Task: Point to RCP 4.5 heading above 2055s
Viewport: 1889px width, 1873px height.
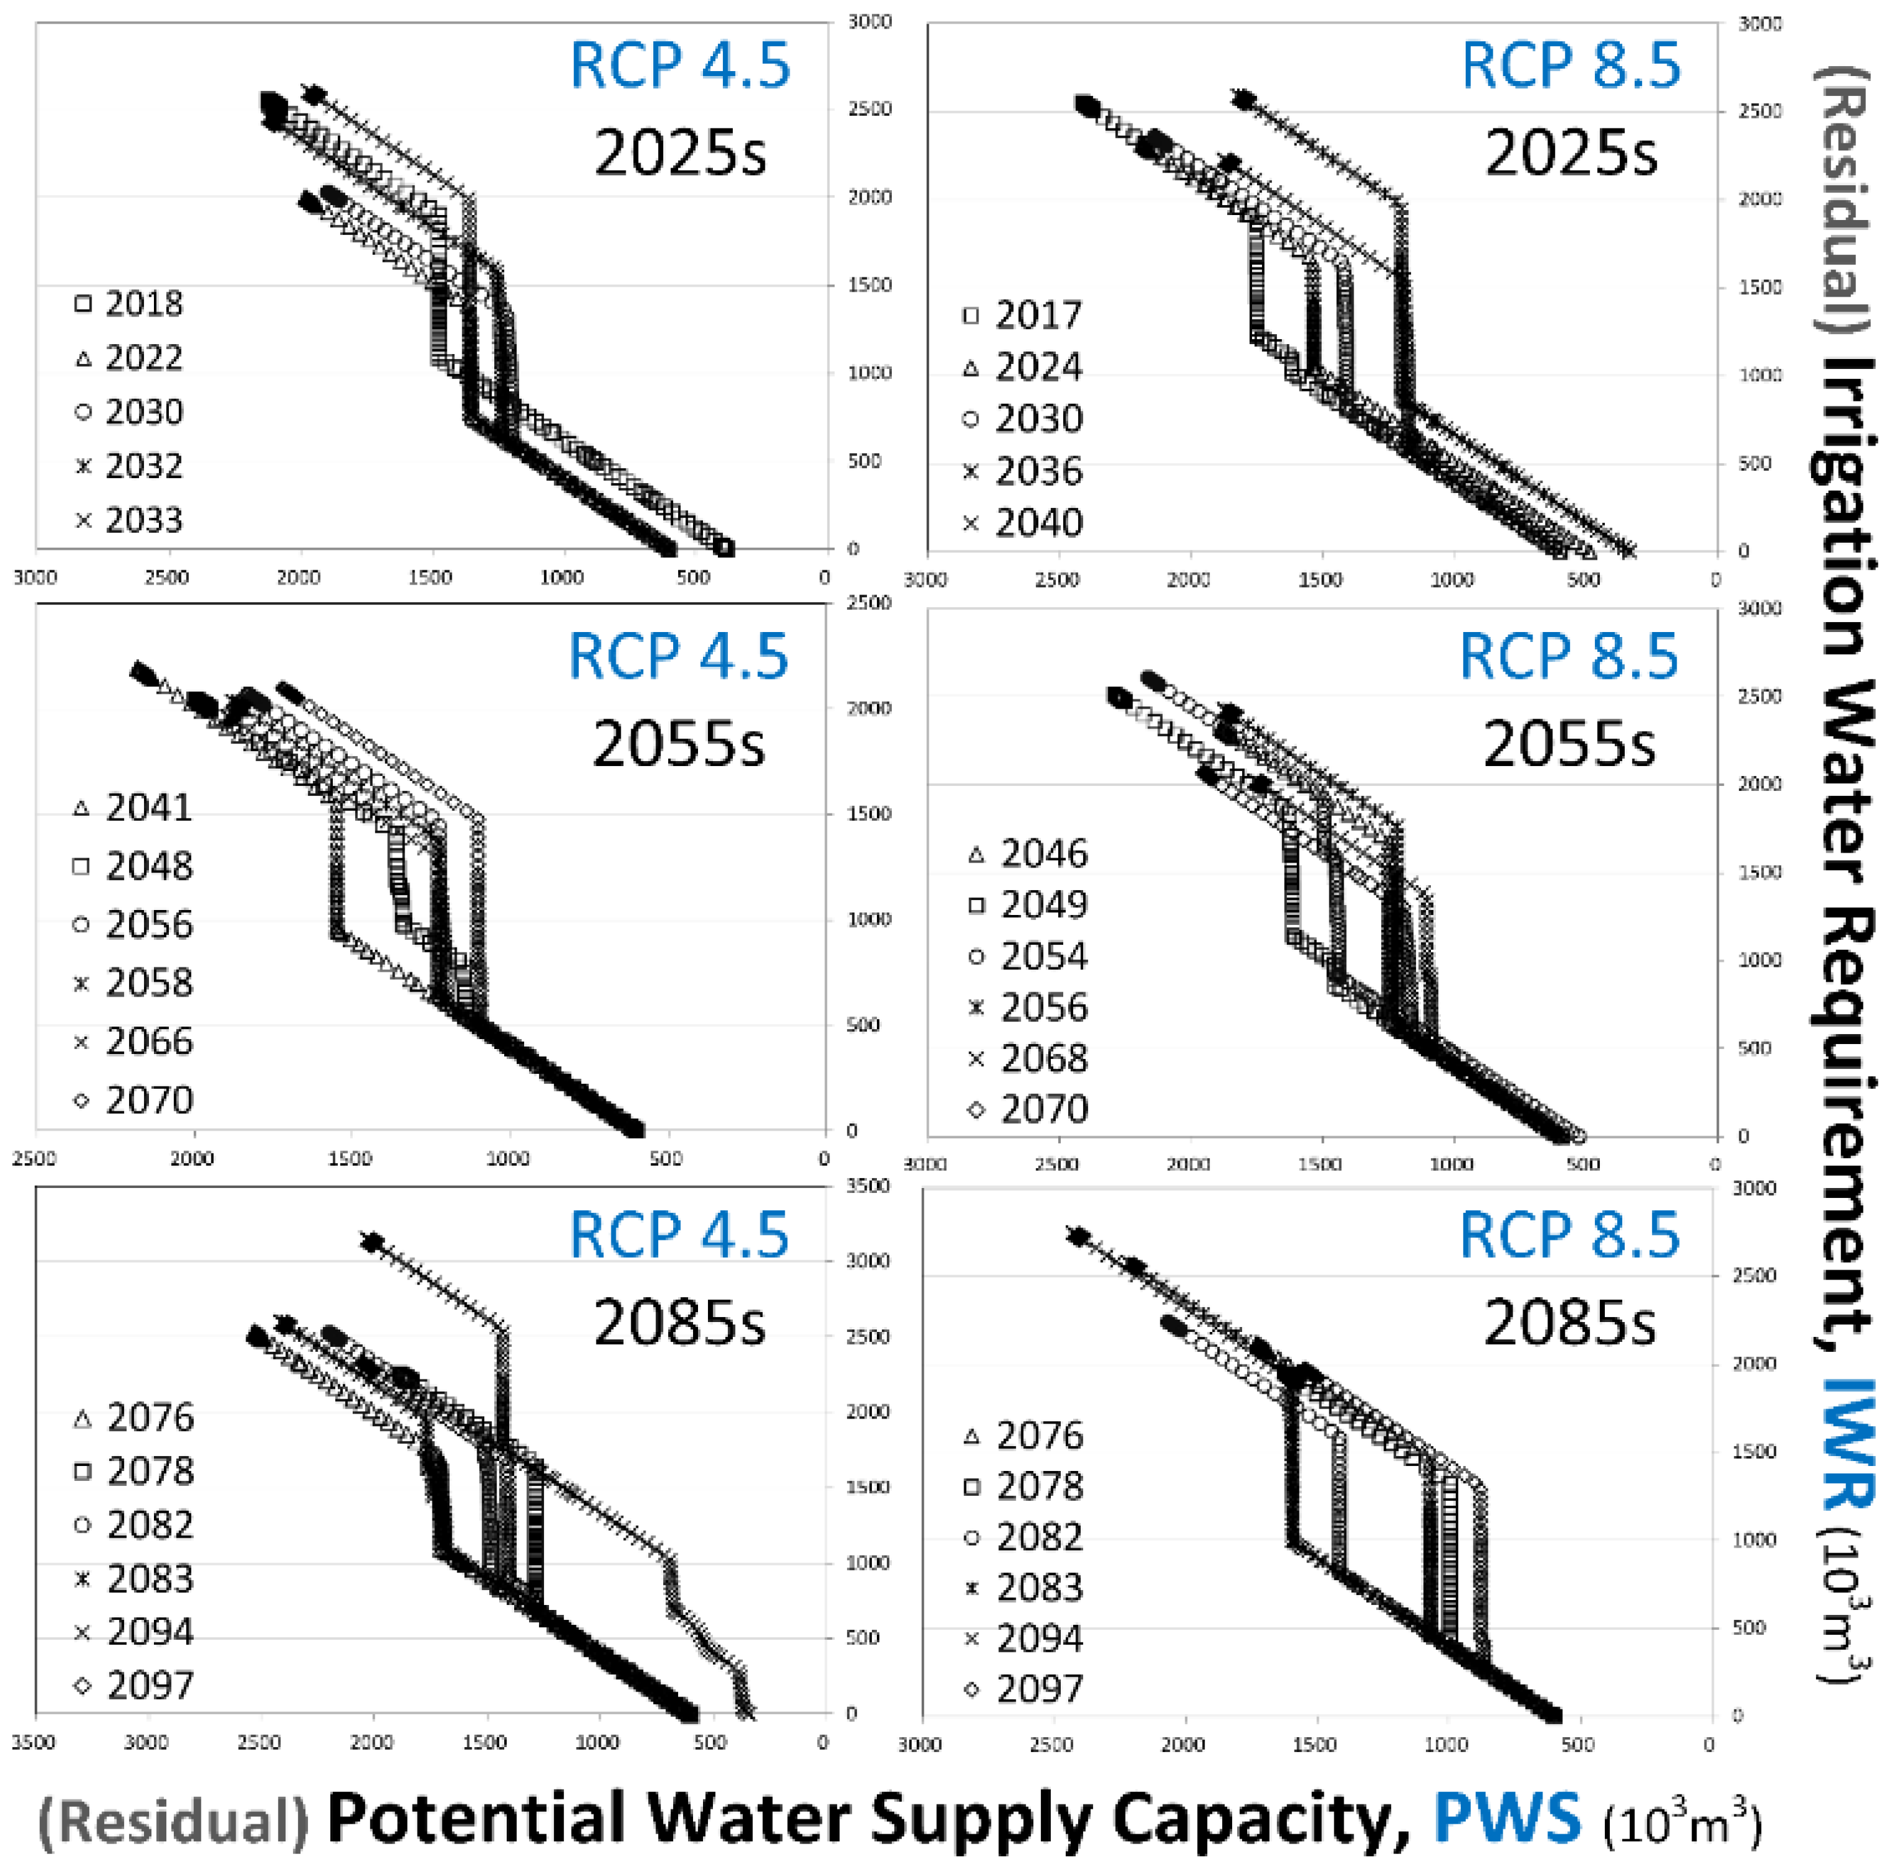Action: coord(679,656)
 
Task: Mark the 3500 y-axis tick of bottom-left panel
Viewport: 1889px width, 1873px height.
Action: coord(868,1186)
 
